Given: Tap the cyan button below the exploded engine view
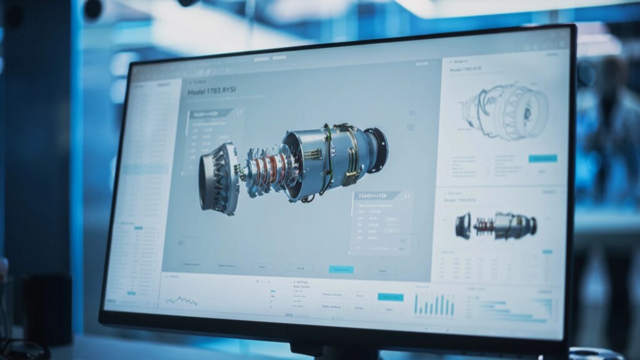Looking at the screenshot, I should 341,269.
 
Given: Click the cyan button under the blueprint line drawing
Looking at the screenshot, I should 542,159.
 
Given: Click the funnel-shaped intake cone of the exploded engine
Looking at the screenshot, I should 219,178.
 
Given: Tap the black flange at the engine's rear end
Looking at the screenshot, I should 377,150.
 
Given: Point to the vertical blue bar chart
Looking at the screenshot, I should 434,304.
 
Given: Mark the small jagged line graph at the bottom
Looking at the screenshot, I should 181,300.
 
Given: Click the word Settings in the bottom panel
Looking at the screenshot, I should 302,282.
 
